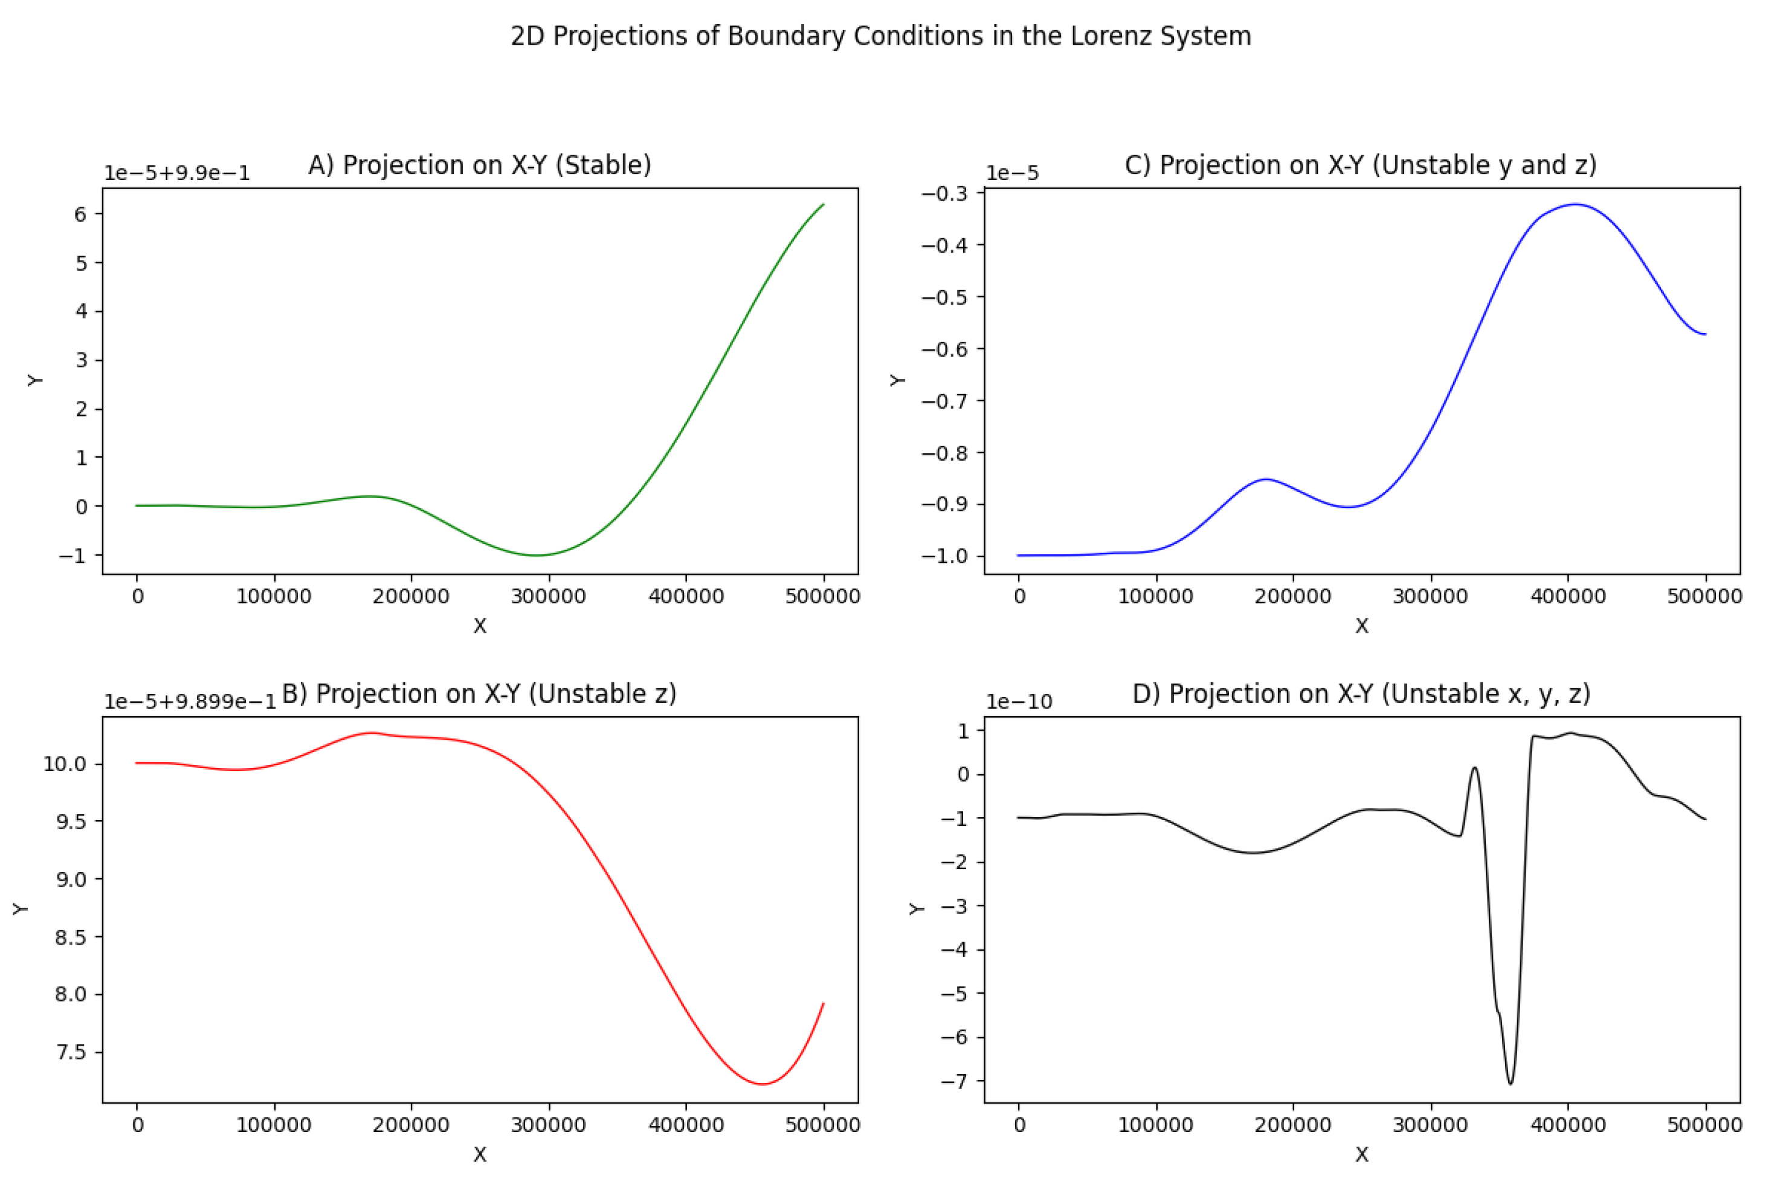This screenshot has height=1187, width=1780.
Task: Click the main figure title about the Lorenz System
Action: point(880,36)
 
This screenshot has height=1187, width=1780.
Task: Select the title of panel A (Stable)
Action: point(479,165)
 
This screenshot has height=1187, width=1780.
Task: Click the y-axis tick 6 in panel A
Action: point(80,214)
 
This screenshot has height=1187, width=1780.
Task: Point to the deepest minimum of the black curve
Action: point(1511,1083)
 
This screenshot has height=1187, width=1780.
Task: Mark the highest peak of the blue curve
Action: point(1576,204)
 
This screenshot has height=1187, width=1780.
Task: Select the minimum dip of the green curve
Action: point(537,555)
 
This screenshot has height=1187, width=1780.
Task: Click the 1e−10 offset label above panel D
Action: point(1019,702)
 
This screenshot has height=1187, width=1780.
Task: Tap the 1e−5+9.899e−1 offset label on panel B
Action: point(190,702)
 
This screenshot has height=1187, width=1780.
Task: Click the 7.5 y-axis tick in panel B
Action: point(71,1052)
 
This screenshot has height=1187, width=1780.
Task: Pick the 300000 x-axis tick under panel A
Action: point(548,597)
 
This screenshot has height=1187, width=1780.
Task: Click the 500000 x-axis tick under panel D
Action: point(1704,1125)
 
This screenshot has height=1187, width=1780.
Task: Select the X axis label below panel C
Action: point(1361,626)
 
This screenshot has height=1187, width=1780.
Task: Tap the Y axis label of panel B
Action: point(21,908)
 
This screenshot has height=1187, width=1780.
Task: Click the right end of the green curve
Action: point(823,204)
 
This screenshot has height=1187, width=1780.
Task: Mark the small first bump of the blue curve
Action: point(1265,479)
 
